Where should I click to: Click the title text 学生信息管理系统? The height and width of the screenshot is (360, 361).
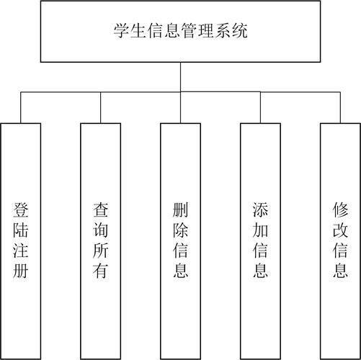click(180, 31)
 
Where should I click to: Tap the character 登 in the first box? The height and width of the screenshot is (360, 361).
click(21, 210)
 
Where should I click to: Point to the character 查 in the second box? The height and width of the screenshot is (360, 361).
click(101, 210)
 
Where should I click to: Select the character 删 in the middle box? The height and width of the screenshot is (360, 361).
click(181, 210)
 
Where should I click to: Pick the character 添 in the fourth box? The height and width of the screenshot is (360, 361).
click(261, 210)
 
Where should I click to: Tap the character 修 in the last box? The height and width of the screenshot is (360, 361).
click(340, 210)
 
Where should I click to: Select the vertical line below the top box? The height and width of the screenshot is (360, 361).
click(180, 77)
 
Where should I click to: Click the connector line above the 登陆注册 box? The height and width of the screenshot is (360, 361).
click(21, 108)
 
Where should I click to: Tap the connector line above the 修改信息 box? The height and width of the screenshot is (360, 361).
click(340, 108)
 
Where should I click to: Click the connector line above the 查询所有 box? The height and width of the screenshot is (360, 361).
click(101, 108)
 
